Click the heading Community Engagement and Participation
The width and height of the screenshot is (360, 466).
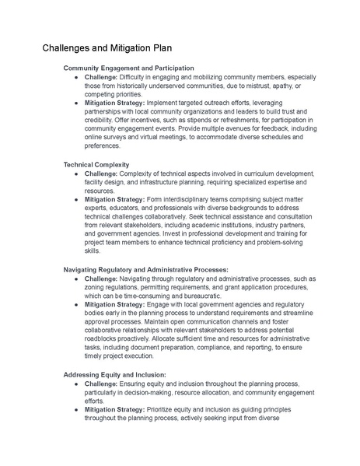[128, 68]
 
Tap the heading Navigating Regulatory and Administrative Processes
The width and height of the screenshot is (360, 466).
[145, 269]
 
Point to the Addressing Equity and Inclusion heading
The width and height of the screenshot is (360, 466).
[114, 374]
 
